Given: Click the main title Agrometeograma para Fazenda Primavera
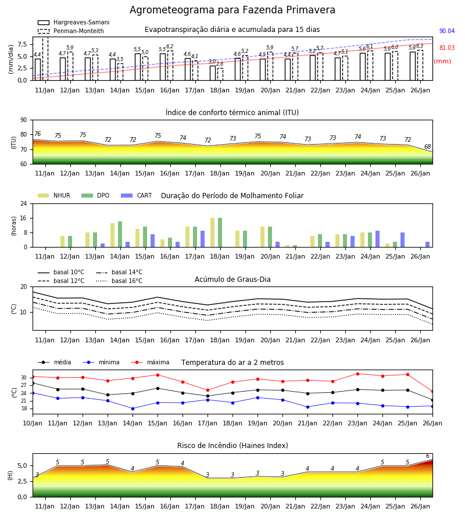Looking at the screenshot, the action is click(x=232, y=10).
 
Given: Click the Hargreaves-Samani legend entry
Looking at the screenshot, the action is click(x=74, y=22).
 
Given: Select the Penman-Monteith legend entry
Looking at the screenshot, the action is click(x=71, y=31).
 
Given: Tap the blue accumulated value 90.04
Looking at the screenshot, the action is click(x=447, y=31).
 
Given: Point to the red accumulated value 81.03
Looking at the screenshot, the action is click(x=447, y=48).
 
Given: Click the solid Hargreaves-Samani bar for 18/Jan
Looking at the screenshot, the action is click(x=213, y=73).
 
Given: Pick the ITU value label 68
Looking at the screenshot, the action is click(x=427, y=146).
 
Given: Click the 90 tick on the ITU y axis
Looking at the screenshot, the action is click(x=24, y=120).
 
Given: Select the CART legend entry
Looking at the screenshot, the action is click(x=137, y=195).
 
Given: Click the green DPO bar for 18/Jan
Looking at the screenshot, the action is click(x=220, y=232).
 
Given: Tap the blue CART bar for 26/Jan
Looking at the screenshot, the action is click(x=428, y=245).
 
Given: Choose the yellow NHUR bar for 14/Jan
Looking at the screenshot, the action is click(x=112, y=235).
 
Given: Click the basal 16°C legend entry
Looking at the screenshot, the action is click(x=119, y=281).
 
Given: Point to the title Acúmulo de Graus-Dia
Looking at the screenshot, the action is click(x=233, y=279).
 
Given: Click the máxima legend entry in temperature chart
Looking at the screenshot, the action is click(x=150, y=362).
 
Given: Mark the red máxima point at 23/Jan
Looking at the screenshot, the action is click(x=357, y=374).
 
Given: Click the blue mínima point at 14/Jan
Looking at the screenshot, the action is click(x=133, y=409).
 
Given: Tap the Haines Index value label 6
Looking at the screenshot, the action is click(x=428, y=456).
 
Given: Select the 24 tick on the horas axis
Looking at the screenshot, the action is click(x=24, y=203).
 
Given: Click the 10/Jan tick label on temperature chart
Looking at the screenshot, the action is click(x=33, y=423).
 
